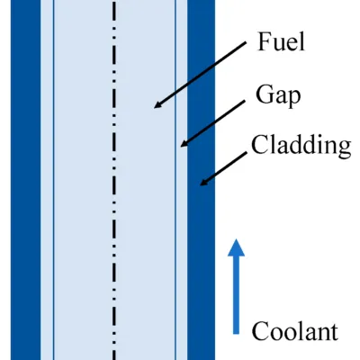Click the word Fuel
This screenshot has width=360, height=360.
(x=281, y=42)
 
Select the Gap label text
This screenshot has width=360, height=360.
(x=278, y=95)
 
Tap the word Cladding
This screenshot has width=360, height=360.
(x=301, y=145)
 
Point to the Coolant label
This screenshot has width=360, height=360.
(x=295, y=331)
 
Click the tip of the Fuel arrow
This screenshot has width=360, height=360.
(x=154, y=108)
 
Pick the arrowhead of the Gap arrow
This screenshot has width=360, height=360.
(x=181, y=147)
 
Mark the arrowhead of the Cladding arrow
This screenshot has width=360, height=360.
(x=200, y=185)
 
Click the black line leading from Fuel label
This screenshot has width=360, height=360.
(x=200, y=75)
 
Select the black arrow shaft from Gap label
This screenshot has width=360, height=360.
(x=212, y=124)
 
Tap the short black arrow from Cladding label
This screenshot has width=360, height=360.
(x=223, y=168)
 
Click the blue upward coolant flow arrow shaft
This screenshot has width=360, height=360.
(x=236, y=294)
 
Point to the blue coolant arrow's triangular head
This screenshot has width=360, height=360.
(x=236, y=247)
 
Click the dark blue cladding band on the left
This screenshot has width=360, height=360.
(x=25, y=180)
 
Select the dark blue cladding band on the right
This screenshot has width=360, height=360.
(x=201, y=180)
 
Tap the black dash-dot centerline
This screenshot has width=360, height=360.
(x=114, y=180)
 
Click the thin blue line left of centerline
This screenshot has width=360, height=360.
(x=53, y=180)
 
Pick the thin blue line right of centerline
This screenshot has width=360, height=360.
(x=175, y=180)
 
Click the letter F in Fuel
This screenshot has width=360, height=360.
(x=264, y=42)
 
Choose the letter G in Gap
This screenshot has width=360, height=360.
(x=265, y=94)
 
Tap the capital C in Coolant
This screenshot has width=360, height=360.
(x=260, y=331)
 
